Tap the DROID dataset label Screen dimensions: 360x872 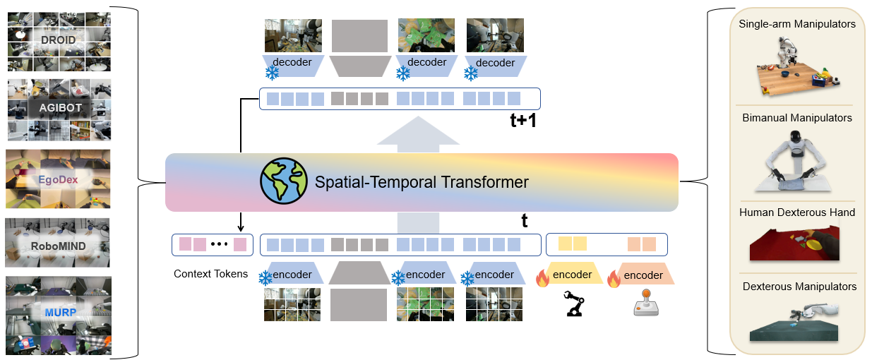pyautogui.click(x=58, y=40)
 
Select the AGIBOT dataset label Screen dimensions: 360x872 pyautogui.click(x=58, y=108)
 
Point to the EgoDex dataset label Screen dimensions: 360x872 pyautogui.click(x=58, y=179)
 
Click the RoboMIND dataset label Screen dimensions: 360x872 pyautogui.click(x=58, y=247)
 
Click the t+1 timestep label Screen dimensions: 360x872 pyautogui.click(x=523, y=121)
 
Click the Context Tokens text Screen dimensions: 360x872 pyautogui.click(x=210, y=274)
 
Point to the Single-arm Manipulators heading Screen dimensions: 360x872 pyautogui.click(x=797, y=25)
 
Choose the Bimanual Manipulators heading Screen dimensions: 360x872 pyautogui.click(x=797, y=118)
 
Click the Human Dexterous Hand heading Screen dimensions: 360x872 pyautogui.click(x=797, y=212)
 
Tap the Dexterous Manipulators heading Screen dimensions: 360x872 pyautogui.click(x=799, y=287)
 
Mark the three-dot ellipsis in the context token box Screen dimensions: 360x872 pyautogui.click(x=220, y=245)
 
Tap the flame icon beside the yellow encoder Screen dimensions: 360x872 pyautogui.click(x=542, y=279)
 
